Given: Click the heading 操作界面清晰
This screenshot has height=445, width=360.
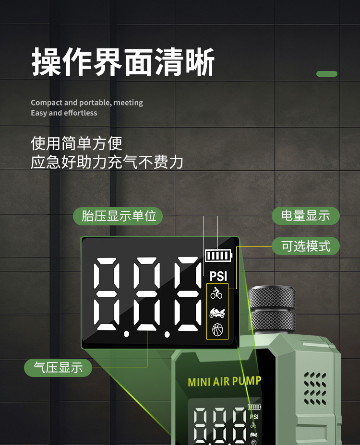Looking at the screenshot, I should pos(123,62).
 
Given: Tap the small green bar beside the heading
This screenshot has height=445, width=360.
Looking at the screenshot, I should pos(327,74).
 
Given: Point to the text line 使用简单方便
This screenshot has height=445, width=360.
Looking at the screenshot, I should pos(77,143).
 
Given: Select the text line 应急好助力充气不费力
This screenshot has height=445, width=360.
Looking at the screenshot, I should pos(107,162).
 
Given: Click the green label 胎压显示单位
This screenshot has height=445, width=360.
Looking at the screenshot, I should pos(119,216).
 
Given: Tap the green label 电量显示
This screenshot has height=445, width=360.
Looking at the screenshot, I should pos(305,216).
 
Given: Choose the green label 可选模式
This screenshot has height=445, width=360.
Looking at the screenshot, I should pos(305,246).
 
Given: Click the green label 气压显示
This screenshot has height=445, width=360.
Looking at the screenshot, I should pos(58,368).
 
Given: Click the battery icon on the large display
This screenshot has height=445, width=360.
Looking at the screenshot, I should pos(218,256).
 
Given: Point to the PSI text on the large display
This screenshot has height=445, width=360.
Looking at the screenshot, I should pos(218,277).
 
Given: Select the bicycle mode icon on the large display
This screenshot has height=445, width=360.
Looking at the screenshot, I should pos(217,292).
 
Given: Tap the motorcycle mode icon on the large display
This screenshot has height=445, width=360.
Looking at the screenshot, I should pos(217,313).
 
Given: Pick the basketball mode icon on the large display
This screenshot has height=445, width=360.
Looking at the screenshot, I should pos(217,329).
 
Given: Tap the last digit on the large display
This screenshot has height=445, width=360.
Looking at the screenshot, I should pos(188,293).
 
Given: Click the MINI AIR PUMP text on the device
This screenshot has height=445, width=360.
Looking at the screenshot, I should pos(225,382).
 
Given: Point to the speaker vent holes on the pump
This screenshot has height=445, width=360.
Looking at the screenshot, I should pos(315,388).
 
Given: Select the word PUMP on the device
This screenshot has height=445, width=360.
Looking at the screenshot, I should pos(247,381).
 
